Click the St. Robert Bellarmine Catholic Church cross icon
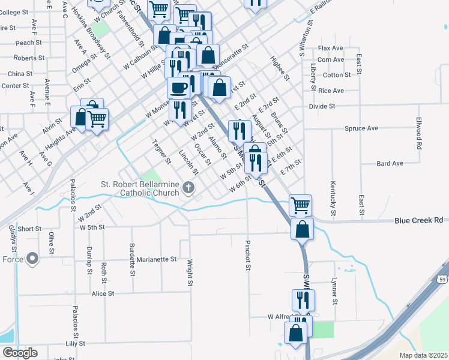(x=188, y=188)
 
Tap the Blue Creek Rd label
(x=418, y=220)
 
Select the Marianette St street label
(x=156, y=260)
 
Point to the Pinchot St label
(x=247, y=256)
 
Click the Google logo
(x=19, y=353)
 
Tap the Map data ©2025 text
(x=424, y=355)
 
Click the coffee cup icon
(x=178, y=88)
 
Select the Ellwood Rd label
(x=418, y=133)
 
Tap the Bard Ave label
(x=390, y=163)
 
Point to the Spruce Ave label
(x=361, y=128)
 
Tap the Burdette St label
(x=131, y=259)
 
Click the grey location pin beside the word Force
(x=32, y=259)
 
